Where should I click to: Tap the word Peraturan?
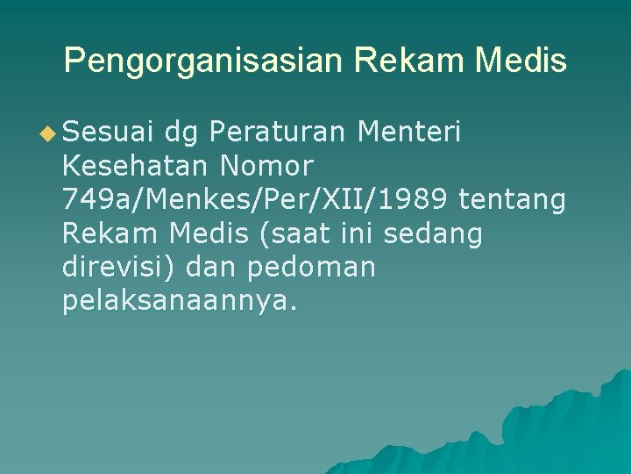(x=280, y=133)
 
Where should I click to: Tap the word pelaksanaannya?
(x=181, y=302)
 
